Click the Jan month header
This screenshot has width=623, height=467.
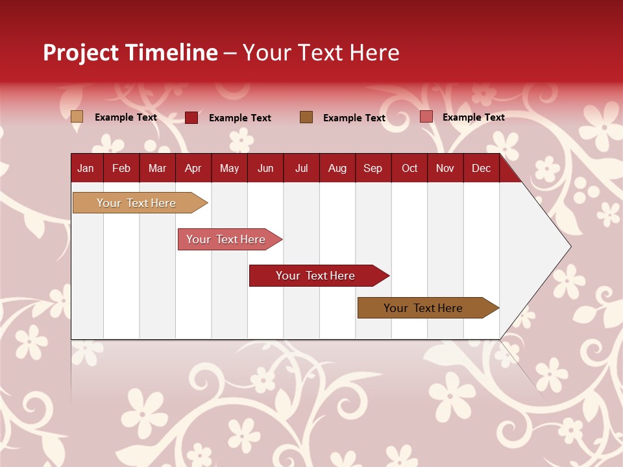coord(86,168)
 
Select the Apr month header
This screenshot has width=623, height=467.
coord(193,168)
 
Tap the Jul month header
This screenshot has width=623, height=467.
coord(301,168)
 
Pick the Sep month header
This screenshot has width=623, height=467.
coord(373,168)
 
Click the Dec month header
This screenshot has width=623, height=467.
coord(481,168)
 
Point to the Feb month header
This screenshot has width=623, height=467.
coord(121,168)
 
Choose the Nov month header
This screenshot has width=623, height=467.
coord(445,168)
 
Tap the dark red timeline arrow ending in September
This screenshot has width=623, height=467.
coord(316,276)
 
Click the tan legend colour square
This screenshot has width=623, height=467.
coord(77,117)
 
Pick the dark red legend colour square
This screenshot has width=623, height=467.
coord(191,117)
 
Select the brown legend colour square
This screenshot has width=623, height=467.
coord(306,117)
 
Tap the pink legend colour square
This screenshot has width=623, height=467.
coord(426,117)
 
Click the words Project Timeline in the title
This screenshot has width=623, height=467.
coord(130,53)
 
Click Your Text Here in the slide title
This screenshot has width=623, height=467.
coord(321,53)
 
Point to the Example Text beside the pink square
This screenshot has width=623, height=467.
coord(473,117)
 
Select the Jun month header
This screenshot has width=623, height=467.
coord(265,168)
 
